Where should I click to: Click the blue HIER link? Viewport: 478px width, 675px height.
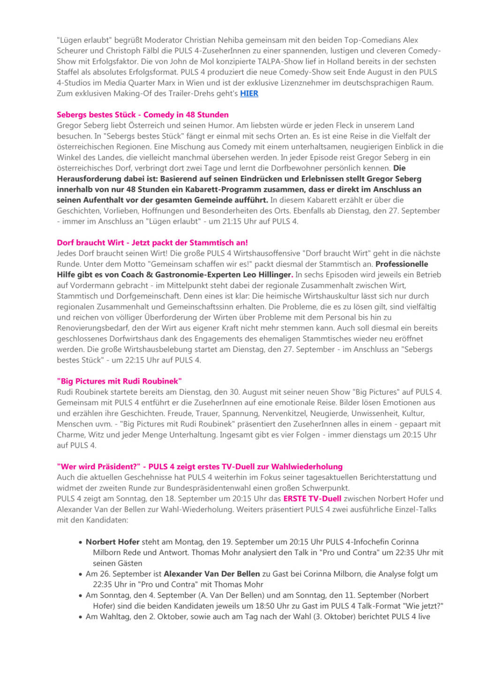click(x=249, y=93)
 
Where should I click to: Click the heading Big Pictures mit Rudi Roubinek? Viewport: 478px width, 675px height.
click(x=119, y=381)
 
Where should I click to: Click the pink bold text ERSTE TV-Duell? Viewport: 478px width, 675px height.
click(x=312, y=499)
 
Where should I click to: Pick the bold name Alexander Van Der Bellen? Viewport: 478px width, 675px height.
click(x=212, y=574)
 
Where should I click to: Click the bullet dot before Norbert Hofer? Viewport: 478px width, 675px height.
click(x=81, y=542)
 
